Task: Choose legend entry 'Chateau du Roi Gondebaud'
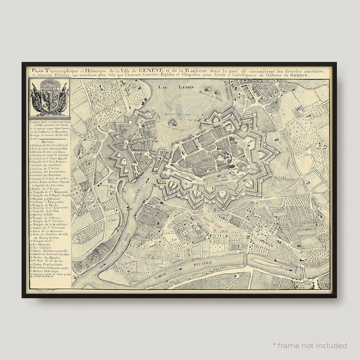(49, 145)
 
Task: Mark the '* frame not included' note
(310, 345)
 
